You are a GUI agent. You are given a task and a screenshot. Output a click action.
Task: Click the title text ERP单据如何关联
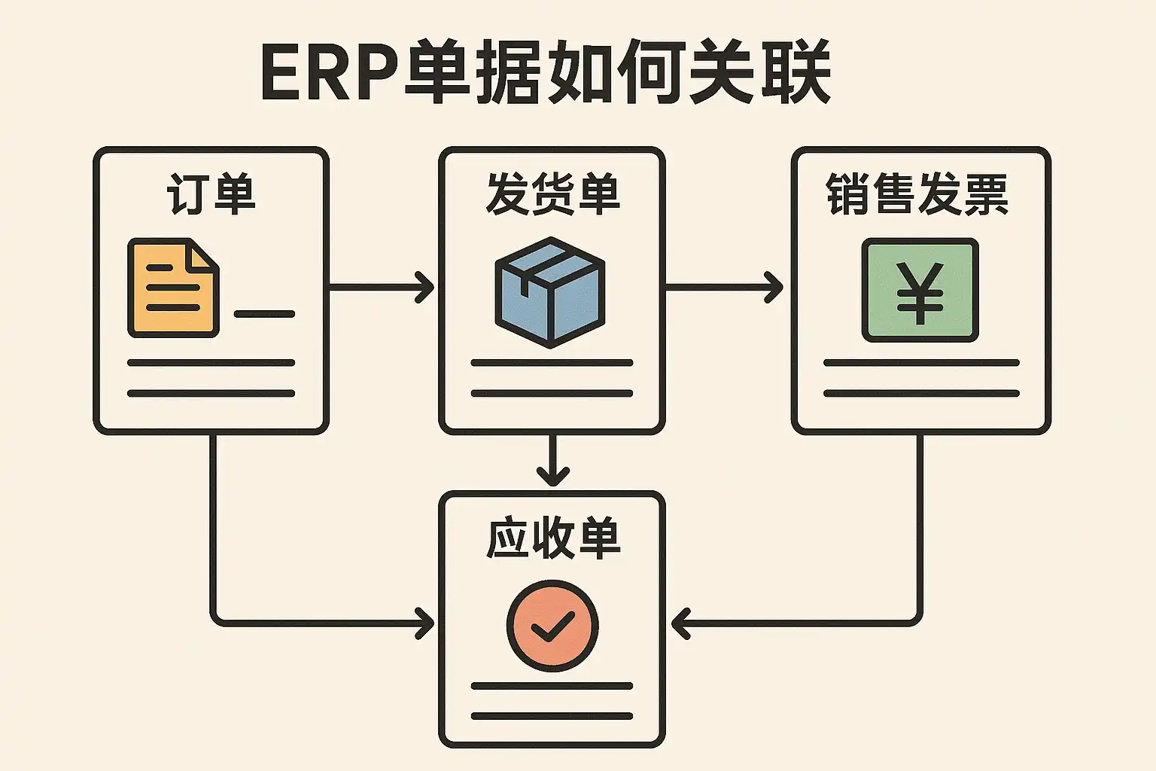click(545, 73)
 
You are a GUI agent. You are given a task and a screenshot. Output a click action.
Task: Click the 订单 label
click(211, 194)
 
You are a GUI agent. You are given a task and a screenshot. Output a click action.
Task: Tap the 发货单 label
click(552, 194)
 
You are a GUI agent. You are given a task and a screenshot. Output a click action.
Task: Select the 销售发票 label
click(917, 194)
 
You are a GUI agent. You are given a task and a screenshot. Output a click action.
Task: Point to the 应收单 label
click(552, 538)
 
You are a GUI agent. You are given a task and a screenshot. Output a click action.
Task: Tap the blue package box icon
click(550, 292)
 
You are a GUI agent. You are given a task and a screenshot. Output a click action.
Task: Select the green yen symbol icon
click(920, 291)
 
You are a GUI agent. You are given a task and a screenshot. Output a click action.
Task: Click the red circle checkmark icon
click(552, 625)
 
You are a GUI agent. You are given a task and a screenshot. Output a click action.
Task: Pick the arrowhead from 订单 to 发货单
click(427, 288)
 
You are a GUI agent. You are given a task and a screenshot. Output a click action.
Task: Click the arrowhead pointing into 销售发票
click(775, 288)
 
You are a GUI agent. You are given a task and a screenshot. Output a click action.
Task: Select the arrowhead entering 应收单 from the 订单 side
click(427, 624)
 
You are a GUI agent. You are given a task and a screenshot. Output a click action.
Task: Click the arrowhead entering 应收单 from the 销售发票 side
click(680, 624)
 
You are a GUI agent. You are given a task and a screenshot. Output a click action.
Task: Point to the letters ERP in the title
click(328, 74)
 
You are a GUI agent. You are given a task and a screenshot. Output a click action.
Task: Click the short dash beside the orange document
click(264, 314)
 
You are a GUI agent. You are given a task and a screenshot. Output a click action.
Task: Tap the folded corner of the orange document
click(204, 254)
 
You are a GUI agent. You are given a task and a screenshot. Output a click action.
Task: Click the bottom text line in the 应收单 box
click(552, 716)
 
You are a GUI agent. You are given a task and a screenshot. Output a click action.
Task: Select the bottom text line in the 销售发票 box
click(921, 393)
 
